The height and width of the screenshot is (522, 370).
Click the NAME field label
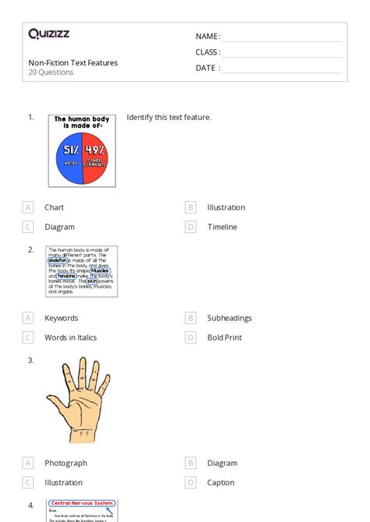(208, 37)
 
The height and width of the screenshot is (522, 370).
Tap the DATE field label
(208, 68)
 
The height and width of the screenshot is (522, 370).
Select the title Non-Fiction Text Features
(73, 62)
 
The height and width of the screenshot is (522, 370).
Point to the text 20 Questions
(52, 72)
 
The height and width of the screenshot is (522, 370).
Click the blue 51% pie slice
(65, 153)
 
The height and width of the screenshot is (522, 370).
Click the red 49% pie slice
(96, 153)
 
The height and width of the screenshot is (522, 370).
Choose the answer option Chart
(54, 207)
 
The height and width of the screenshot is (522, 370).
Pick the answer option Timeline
(222, 227)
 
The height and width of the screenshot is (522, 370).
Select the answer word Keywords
(62, 318)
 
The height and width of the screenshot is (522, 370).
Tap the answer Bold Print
(225, 337)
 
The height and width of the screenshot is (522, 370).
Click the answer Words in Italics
(71, 337)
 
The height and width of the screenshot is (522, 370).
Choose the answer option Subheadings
(229, 318)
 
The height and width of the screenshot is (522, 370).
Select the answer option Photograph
(66, 463)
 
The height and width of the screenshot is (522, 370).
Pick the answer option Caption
(221, 482)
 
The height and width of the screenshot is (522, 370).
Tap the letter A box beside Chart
(28, 207)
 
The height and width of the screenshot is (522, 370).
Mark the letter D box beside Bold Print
(190, 337)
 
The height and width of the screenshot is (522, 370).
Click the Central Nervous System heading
(82, 506)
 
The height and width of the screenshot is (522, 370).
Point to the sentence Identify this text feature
(169, 118)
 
